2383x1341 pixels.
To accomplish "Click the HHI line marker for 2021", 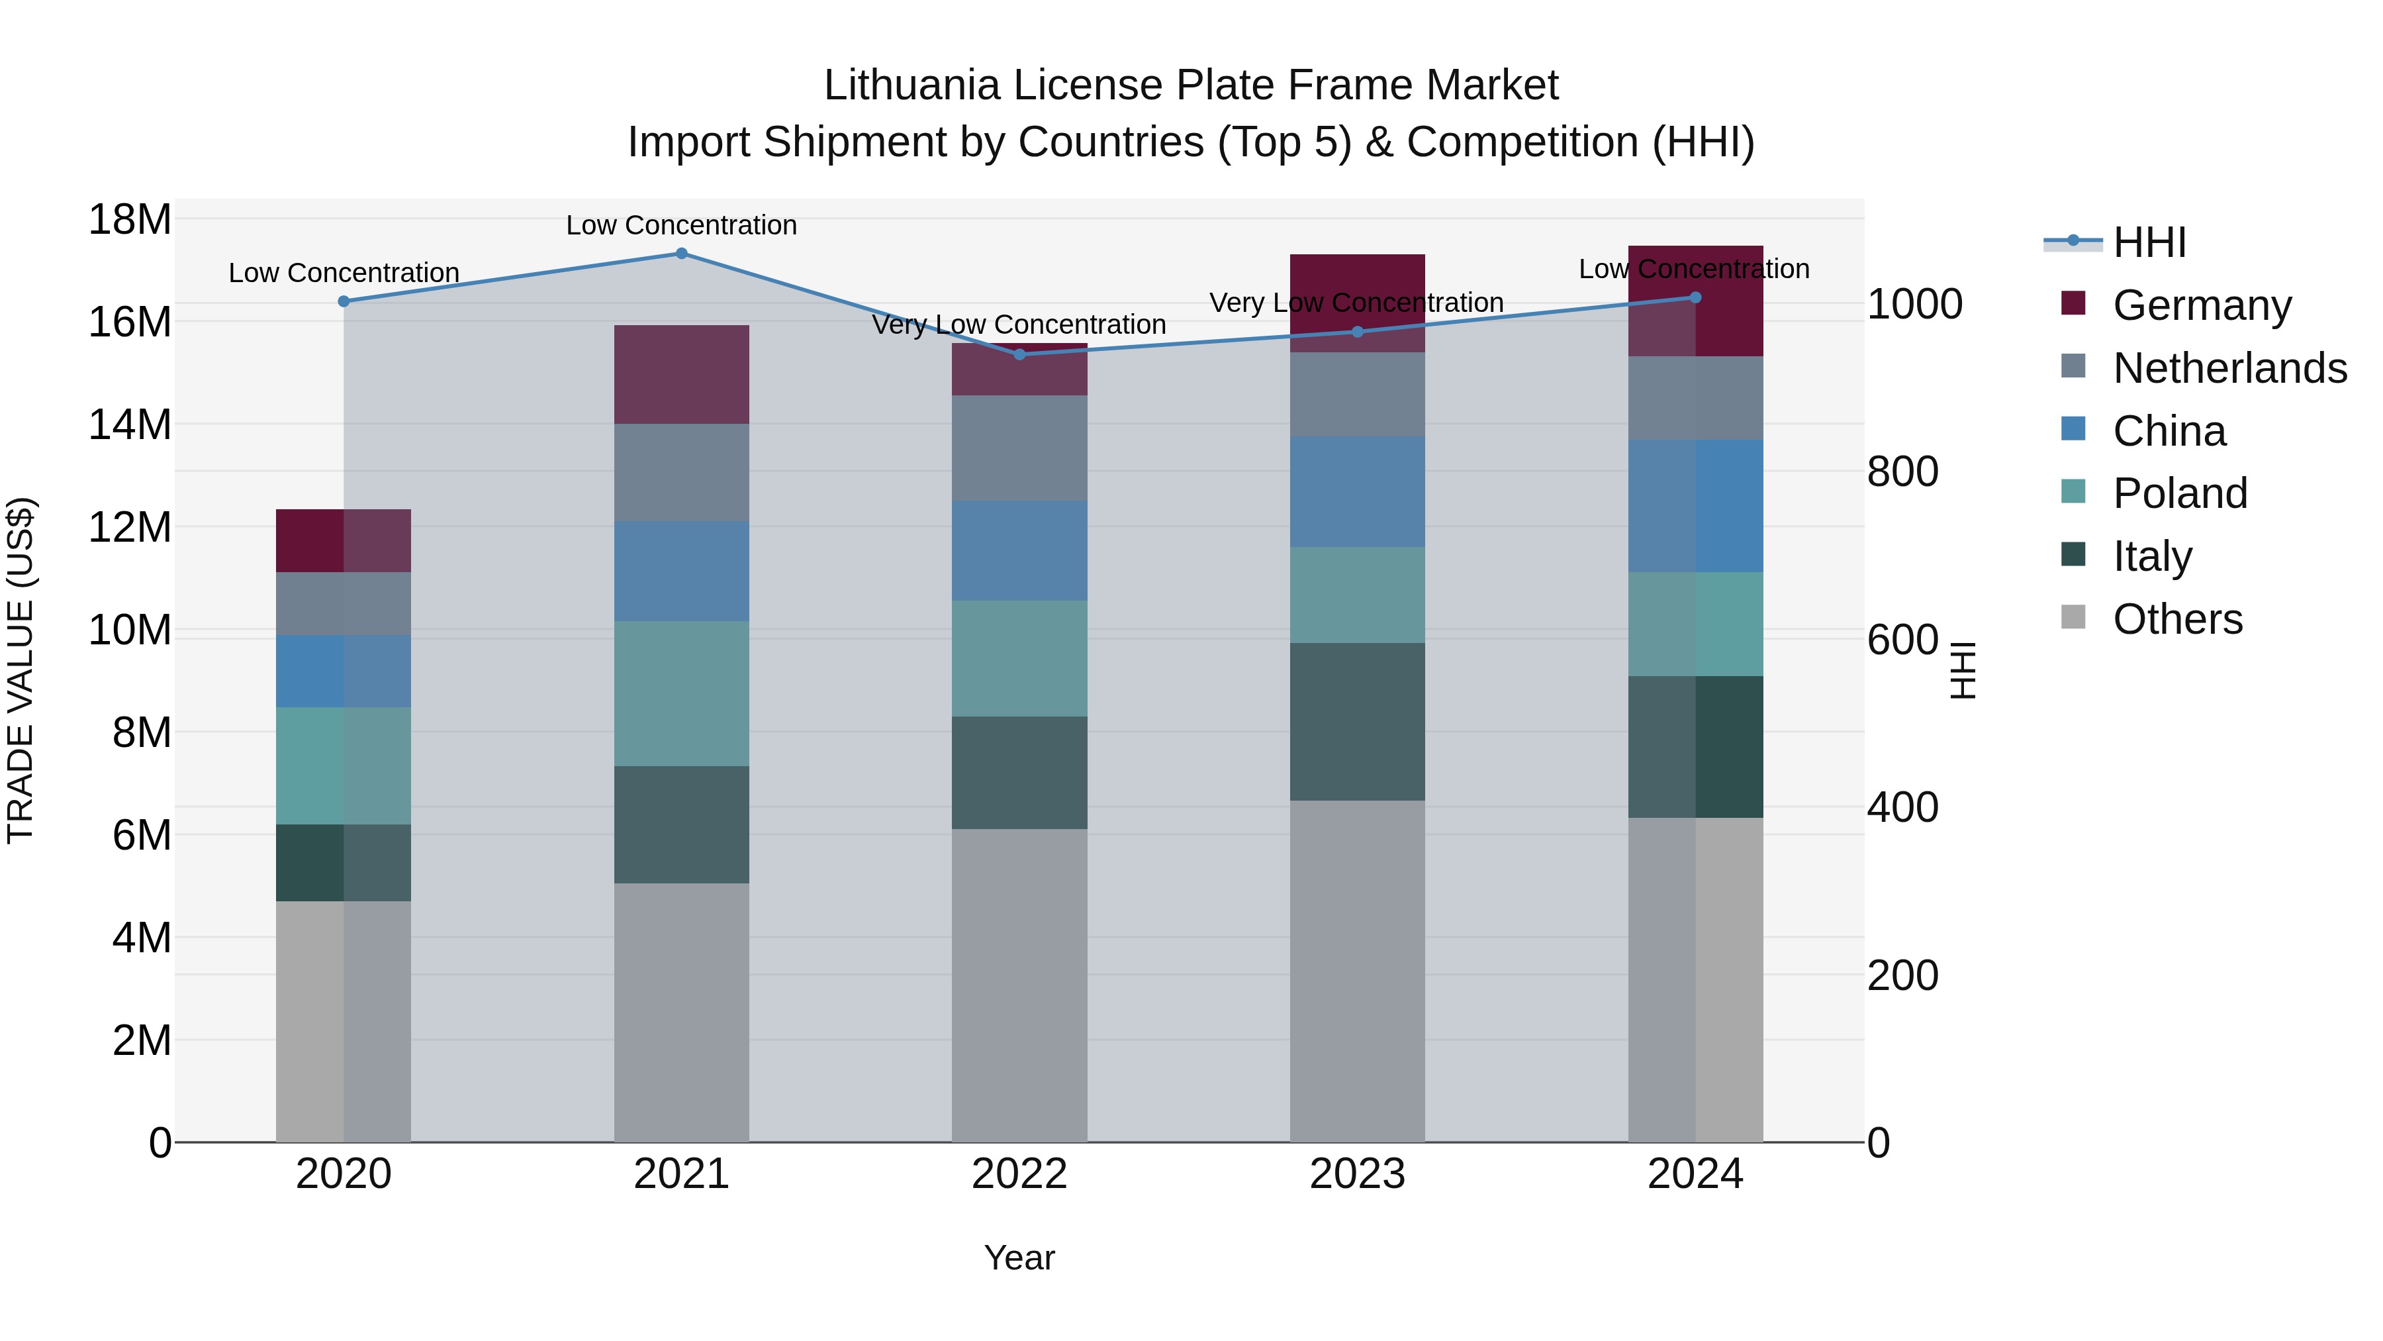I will click(x=681, y=253).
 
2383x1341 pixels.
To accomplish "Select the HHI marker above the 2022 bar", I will click(x=1019, y=354).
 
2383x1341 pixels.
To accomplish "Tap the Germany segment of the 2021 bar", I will click(x=681, y=374).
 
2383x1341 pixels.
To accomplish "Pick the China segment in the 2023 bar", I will click(x=1357, y=491).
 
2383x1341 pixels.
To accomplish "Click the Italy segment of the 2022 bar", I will click(x=1019, y=772).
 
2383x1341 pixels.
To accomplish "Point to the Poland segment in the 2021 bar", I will click(x=681, y=693).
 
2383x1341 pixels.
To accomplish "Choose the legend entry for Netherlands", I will click(x=2229, y=368).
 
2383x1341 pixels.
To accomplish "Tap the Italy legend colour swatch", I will click(x=2073, y=554).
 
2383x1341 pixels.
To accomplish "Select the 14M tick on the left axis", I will click(x=130, y=424).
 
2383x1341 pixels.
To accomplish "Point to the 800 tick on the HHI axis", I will click(x=1902, y=472).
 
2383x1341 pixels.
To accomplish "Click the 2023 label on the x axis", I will click(x=1357, y=1174).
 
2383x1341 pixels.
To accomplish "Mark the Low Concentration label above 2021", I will click(x=681, y=225).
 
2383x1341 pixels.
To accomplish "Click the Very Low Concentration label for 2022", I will click(x=1019, y=325).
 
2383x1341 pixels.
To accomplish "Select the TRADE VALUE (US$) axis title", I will click(x=21, y=670).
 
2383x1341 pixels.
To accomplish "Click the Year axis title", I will click(x=1019, y=1258).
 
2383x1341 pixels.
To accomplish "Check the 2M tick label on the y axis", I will click(x=142, y=1040).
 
